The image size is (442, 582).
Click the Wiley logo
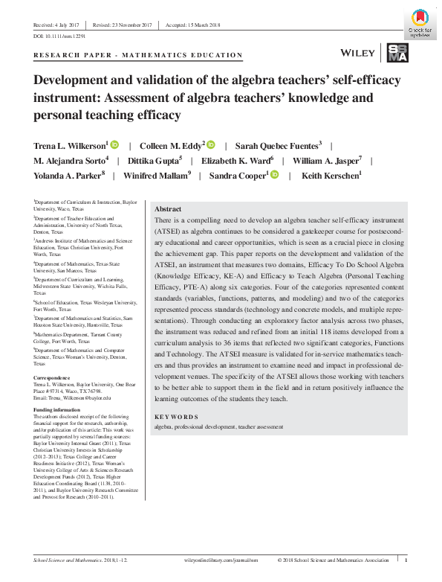point(356,54)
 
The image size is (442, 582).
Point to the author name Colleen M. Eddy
point(168,144)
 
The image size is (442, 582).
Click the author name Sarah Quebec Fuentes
point(272,144)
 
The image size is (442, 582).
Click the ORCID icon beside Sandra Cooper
point(275,175)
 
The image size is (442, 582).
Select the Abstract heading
point(166,209)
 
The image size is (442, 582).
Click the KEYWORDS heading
point(176,417)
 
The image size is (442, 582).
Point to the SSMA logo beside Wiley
point(397,53)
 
